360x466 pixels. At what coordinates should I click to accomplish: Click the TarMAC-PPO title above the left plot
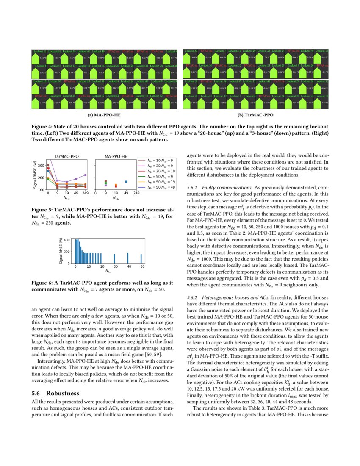coord(63,157)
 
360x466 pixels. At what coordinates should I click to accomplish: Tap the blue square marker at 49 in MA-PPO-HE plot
coord(126,182)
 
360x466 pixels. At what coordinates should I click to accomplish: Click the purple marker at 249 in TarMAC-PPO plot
coord(85,175)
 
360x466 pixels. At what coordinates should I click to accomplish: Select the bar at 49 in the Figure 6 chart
coord(141,258)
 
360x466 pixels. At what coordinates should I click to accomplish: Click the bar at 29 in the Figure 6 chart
coord(114,258)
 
